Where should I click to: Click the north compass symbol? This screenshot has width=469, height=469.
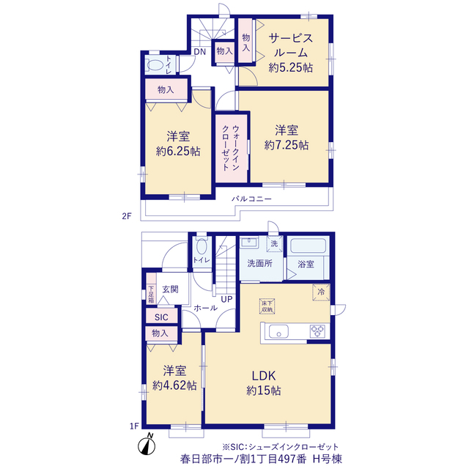pyautogui.click(x=147, y=445)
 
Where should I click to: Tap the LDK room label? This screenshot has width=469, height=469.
pyautogui.click(x=264, y=376)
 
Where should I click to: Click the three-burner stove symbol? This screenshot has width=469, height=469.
pyautogui.click(x=317, y=331)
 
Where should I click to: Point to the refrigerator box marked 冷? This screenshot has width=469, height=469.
pyautogui.click(x=321, y=292)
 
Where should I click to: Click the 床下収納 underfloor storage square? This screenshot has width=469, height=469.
pyautogui.click(x=267, y=306)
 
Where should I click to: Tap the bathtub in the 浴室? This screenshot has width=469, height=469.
pyautogui.click(x=308, y=245)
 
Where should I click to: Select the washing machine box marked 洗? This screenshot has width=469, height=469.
pyautogui.click(x=274, y=244)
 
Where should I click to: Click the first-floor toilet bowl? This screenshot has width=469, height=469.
pyautogui.click(x=202, y=246)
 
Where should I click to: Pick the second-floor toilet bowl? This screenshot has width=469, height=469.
pyautogui.click(x=155, y=64)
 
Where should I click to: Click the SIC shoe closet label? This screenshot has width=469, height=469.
pyautogui.click(x=161, y=317)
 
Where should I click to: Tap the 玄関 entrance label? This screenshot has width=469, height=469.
pyautogui.click(x=170, y=289)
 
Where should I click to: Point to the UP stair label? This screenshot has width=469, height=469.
pyautogui.click(x=226, y=299)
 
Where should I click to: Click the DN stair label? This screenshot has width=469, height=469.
pyautogui.click(x=200, y=52)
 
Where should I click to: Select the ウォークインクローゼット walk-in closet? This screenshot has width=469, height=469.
pyautogui.click(x=232, y=148)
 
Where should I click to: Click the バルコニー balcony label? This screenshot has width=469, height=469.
pyautogui.click(x=251, y=199)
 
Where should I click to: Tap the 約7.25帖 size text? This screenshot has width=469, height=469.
pyautogui.click(x=287, y=145)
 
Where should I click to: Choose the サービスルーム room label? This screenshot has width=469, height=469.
pyautogui.click(x=291, y=45)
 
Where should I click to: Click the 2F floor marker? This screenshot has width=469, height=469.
pyautogui.click(x=127, y=216)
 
